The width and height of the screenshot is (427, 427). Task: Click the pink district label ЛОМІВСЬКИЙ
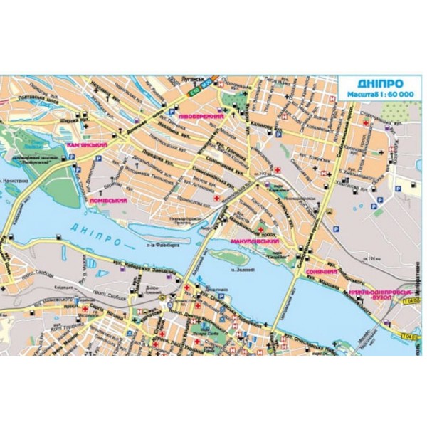pyautogui.click(x=108, y=201)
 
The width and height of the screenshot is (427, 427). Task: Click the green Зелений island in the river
pyautogui.click(x=229, y=255)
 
